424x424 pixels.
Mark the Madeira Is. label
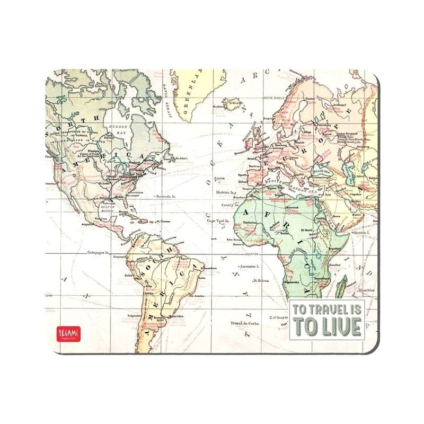(226, 193)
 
